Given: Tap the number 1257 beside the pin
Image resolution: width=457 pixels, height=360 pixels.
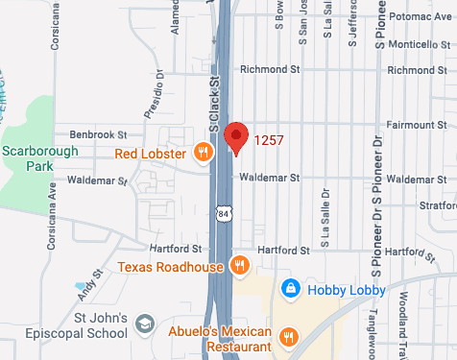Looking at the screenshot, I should [x=269, y=141].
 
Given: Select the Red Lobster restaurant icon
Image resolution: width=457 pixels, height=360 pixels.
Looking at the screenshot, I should [x=203, y=152].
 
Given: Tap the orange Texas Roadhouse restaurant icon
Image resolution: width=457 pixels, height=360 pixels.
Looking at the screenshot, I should [x=239, y=265].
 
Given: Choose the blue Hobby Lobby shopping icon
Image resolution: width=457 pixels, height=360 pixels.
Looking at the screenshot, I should [x=289, y=289].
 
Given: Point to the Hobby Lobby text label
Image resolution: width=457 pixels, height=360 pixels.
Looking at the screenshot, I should [x=347, y=289].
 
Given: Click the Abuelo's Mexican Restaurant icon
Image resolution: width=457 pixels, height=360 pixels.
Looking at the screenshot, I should [x=289, y=336].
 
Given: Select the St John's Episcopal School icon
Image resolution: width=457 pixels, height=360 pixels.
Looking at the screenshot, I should [x=145, y=324].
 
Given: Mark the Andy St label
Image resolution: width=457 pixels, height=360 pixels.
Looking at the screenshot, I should [x=89, y=284].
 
